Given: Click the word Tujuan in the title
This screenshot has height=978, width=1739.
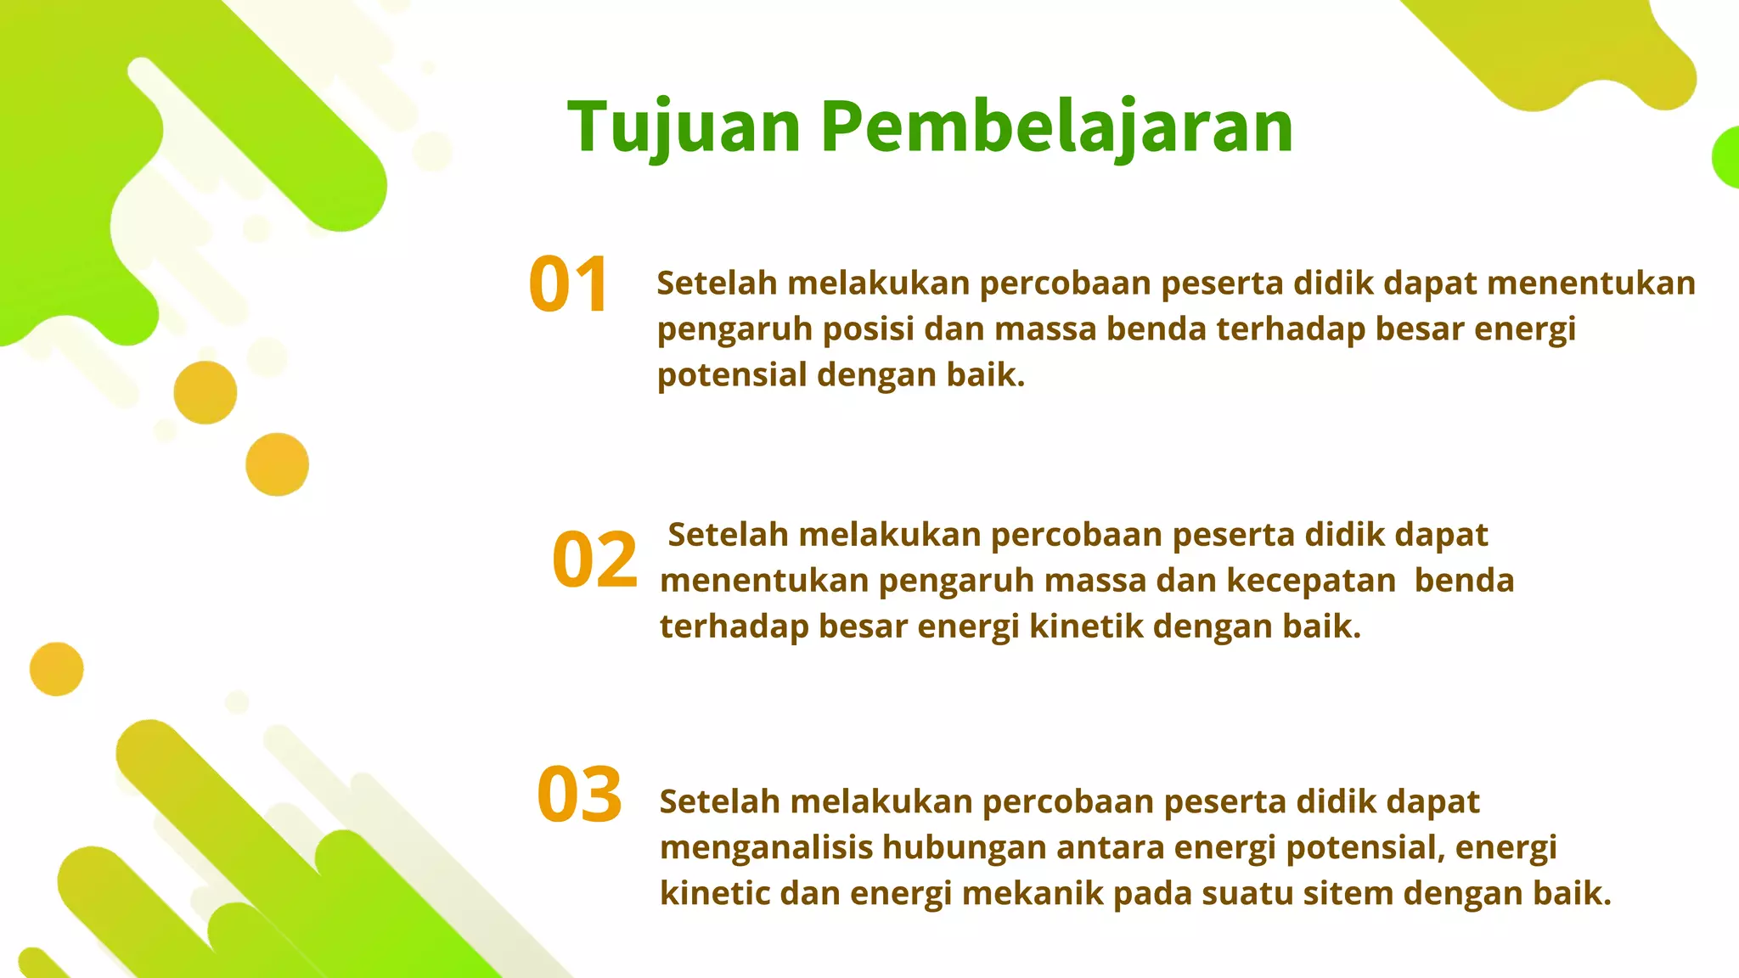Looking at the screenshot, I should point(684,127).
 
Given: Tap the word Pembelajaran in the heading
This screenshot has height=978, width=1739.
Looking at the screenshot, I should point(1056,127).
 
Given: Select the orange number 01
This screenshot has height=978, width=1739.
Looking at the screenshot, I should point(568,284).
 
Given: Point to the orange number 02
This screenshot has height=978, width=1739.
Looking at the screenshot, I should point(594,559).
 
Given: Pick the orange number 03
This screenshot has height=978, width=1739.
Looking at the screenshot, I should point(580,795).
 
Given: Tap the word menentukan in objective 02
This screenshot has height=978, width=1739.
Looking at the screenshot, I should point(764,582).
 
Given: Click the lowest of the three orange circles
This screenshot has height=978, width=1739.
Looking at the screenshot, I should point(57,669).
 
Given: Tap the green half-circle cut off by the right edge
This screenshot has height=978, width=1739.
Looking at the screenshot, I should point(1726,158).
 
